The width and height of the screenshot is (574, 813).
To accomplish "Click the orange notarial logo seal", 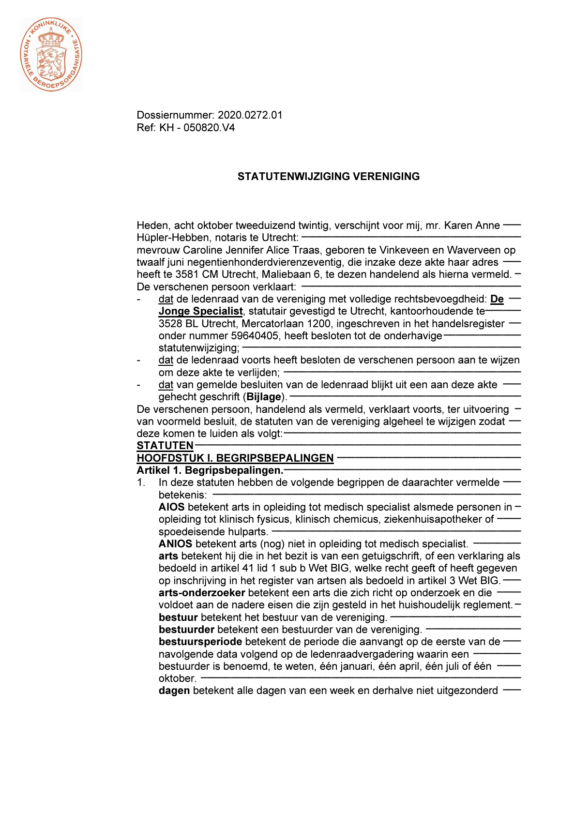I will (x=51, y=55).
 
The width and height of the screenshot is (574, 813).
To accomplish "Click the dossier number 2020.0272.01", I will (x=250, y=115).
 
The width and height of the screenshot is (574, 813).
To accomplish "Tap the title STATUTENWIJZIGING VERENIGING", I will (x=328, y=177).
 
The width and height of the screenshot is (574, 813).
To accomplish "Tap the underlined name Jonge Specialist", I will (x=200, y=311).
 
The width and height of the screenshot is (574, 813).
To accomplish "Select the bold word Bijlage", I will (x=264, y=397).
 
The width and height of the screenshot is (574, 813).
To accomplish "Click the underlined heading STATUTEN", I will (x=165, y=446).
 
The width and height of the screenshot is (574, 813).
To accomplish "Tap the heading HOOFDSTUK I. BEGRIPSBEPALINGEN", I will (x=235, y=458).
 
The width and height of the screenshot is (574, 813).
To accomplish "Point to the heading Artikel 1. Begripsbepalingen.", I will (x=210, y=470).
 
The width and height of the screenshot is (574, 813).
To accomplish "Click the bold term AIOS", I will (x=171, y=507).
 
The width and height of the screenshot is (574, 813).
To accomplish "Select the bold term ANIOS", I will (x=175, y=544).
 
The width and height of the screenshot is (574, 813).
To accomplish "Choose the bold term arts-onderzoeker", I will (x=202, y=593).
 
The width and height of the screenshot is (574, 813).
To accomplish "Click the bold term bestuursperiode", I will (x=200, y=642).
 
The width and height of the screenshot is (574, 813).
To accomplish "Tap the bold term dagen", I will (x=174, y=691).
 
